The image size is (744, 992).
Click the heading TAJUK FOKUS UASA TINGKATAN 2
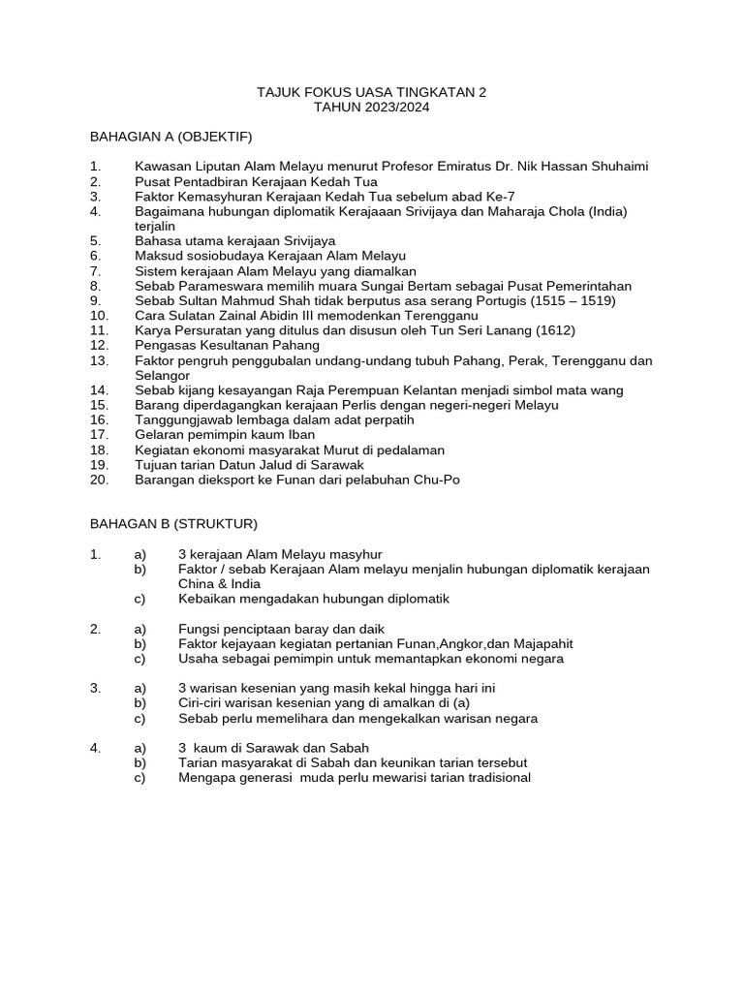click(371, 92)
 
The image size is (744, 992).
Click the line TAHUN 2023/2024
click(371, 108)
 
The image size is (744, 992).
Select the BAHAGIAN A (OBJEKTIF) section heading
click(170, 137)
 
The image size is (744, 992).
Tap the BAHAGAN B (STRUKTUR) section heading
click(173, 524)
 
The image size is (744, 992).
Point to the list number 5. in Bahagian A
click(95, 240)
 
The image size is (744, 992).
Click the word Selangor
click(163, 375)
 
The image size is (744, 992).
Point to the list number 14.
click(99, 390)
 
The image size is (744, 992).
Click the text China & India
click(219, 584)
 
